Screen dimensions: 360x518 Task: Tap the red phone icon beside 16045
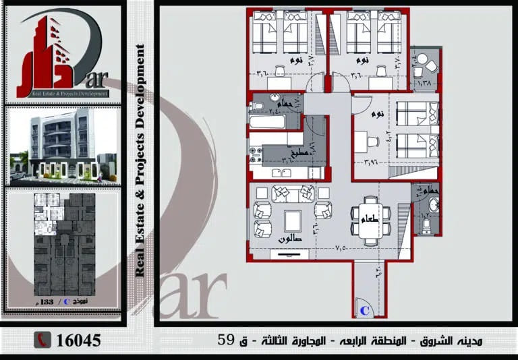(x=42, y=340)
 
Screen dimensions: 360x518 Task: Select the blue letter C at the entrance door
(x=364, y=311)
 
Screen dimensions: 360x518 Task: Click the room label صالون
(x=290, y=239)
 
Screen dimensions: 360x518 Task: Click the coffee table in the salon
(x=293, y=220)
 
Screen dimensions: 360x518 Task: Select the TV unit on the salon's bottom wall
(x=290, y=255)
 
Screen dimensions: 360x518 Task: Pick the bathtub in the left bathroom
(x=267, y=122)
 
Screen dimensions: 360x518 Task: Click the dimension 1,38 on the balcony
(x=425, y=82)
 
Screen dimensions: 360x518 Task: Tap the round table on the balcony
(x=422, y=59)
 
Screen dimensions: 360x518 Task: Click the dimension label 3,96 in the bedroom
(x=369, y=162)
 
